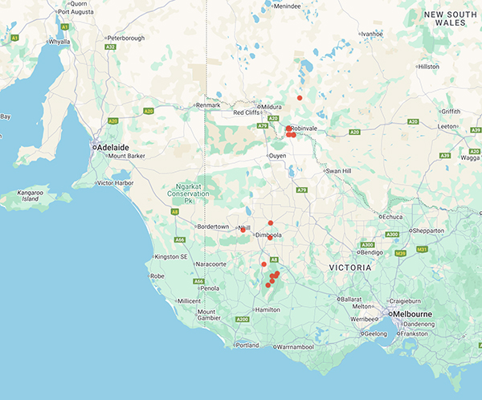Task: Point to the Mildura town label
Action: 268,106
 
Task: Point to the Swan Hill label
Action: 338,171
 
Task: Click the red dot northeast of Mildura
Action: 300,98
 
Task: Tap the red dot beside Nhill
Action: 243,230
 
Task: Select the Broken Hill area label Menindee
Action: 287,6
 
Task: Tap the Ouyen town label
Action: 276,156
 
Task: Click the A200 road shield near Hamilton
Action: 242,320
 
